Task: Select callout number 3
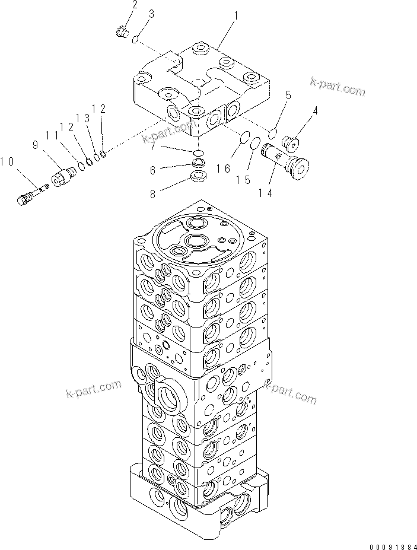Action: pos(151,13)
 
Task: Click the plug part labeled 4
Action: pos(291,144)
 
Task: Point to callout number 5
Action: pos(288,95)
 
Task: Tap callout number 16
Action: pos(223,169)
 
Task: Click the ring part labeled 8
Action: pos(199,177)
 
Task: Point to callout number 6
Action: pos(152,170)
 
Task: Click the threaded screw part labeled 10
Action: pos(33,194)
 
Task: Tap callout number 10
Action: pos(8,161)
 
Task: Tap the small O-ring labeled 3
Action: pos(136,39)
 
